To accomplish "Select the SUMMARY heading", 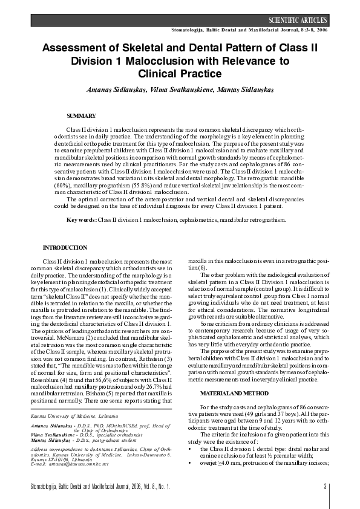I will tap(81, 115).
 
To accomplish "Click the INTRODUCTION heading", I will tap(65, 248).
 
